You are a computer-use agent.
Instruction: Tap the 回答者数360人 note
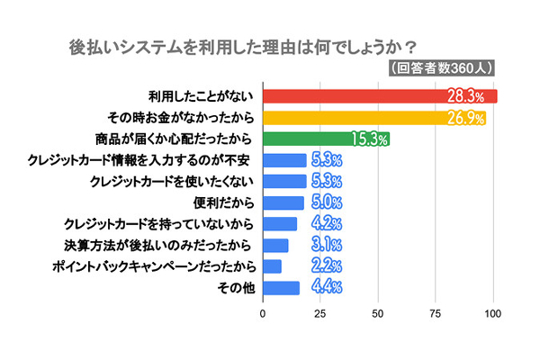pyautogui.click(x=446, y=68)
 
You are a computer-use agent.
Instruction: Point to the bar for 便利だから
pyautogui.click(x=283, y=202)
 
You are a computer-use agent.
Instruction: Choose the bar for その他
pyautogui.click(x=281, y=288)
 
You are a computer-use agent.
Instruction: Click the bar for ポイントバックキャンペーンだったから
pyautogui.click(x=272, y=266)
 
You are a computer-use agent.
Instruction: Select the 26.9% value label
pyautogui.click(x=464, y=118)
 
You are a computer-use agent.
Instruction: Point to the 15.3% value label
pyautogui.click(x=368, y=139)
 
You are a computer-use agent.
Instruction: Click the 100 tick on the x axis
pyautogui.click(x=493, y=314)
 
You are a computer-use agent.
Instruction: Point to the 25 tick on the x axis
pyautogui.click(x=320, y=314)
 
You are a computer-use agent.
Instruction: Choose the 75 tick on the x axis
pyautogui.click(x=436, y=314)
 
